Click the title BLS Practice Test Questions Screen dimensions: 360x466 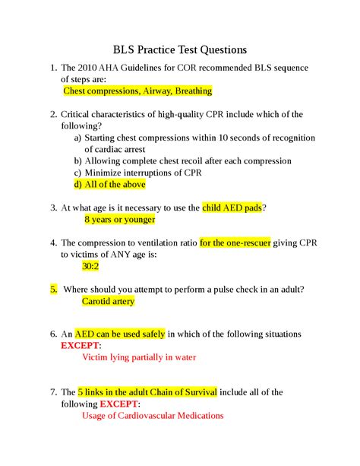coord(180,49)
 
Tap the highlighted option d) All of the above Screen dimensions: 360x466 coord(109,185)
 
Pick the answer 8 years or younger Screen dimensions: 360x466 coord(119,220)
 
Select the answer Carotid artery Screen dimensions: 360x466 coord(108,301)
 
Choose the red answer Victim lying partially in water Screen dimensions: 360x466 coord(138,357)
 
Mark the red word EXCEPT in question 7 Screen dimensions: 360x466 coord(118,404)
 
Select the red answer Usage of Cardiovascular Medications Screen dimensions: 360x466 coord(152,417)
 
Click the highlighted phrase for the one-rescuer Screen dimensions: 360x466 coord(233,243)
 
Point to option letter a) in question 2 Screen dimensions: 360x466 coord(78,138)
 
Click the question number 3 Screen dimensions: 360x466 coord(53,208)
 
